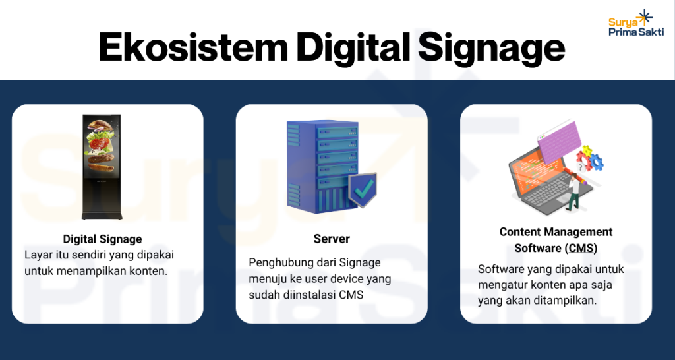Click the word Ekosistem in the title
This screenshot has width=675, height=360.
point(191,48)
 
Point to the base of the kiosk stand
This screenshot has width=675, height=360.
point(102,216)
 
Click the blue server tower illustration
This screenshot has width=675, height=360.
point(321,165)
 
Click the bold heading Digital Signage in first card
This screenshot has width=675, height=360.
point(102,239)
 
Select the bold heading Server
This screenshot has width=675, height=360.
point(332,239)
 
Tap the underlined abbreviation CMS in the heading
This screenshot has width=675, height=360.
point(581,248)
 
